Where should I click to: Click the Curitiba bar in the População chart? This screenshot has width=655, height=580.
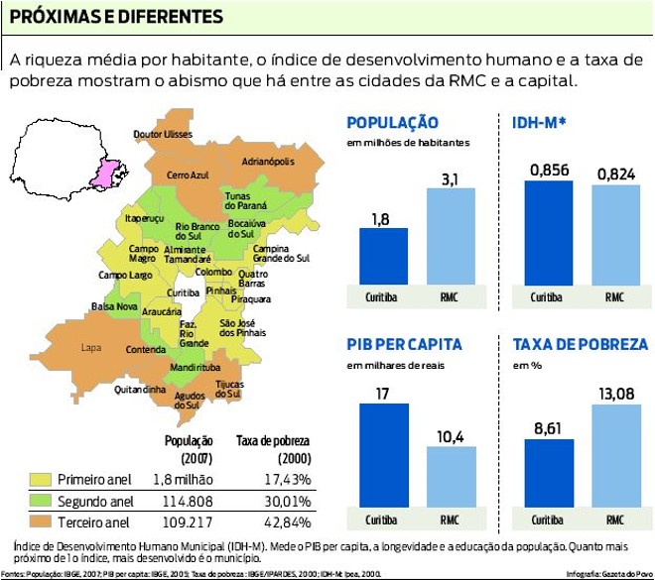[x=383, y=257]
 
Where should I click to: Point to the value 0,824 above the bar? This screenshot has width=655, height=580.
[x=615, y=174]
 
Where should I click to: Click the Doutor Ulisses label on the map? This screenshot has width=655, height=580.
[x=163, y=133]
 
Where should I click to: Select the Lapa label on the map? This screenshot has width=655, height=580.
[x=91, y=347]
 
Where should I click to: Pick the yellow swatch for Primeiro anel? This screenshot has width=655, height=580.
[x=39, y=479]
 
